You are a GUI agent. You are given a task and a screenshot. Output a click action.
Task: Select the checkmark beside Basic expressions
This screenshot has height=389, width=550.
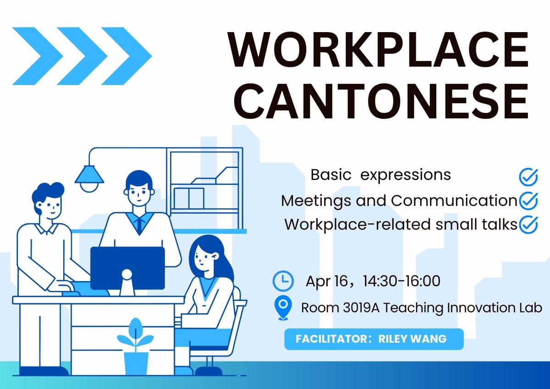pos(528,176)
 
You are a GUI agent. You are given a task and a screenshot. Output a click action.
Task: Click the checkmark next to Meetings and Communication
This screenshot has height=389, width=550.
pos(528,200)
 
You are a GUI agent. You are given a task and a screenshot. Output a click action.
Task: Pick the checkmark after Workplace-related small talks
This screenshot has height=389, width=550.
pos(528,225)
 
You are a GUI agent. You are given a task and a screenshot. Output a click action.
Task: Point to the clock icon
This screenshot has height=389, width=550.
pos(283,281)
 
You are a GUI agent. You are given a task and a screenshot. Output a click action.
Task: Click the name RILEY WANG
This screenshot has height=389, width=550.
pos(412,339)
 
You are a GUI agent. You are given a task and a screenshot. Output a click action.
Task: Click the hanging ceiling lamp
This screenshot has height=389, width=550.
pos(89,177)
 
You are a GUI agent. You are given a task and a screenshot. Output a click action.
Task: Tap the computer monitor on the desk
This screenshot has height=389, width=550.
pos(127,267)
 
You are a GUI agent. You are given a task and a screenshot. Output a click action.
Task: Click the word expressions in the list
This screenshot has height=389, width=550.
pos(406,175)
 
